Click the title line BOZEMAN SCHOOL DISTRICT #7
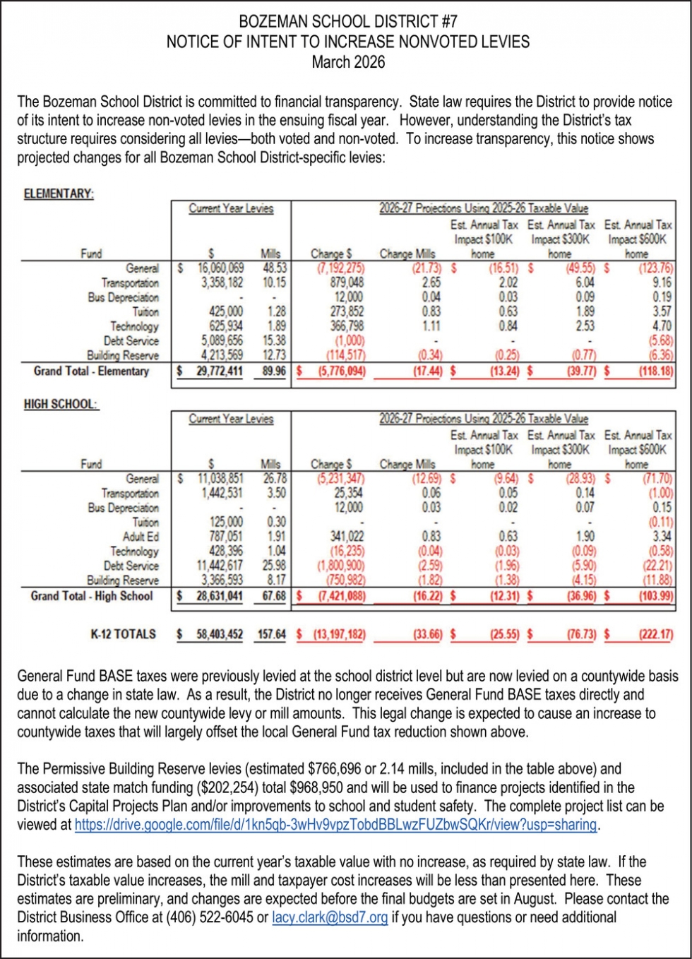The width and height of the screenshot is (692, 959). [x=348, y=22]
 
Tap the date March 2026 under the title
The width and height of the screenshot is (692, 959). [x=348, y=62]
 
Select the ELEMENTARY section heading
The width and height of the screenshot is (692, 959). [x=59, y=193]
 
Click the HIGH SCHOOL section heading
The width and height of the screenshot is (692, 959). [x=61, y=404]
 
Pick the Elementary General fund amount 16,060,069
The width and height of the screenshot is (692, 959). [x=221, y=268]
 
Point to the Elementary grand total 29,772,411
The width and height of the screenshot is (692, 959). [x=220, y=371]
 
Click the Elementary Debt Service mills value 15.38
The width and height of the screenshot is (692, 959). [x=274, y=341]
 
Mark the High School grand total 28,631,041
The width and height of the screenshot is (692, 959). [x=220, y=596]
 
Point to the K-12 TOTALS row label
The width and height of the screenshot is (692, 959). [x=123, y=634]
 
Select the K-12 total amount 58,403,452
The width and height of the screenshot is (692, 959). [x=220, y=634]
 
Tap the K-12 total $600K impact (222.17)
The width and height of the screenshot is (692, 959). [x=655, y=634]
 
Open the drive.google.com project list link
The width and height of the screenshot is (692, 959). [x=336, y=825]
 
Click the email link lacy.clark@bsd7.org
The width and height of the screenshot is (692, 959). [x=330, y=918]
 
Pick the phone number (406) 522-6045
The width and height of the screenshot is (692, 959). [x=208, y=918]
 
